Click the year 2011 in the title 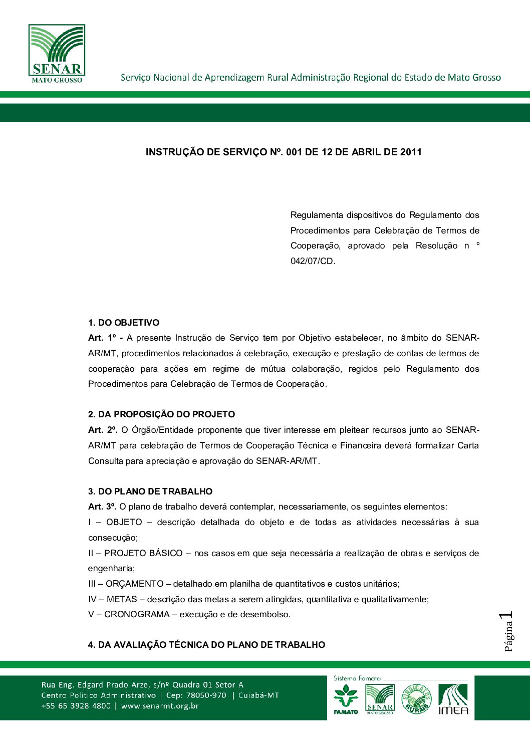pos(411,152)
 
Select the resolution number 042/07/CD pos(312,261)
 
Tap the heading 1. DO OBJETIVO pos(124,323)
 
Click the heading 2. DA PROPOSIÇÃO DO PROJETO pos(161,414)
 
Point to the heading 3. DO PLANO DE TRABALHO pos(150,491)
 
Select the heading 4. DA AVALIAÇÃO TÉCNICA pos(206,645)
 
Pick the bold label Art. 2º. pos(103,430)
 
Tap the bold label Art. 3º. pos(102,507)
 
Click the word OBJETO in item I pos(124,523)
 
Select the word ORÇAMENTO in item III pos(134,584)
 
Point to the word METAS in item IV pos(122,599)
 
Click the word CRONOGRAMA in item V pos(137,615)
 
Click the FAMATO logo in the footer pos(346,699)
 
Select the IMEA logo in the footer pos(453,699)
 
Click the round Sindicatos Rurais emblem pos(416,699)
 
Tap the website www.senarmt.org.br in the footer pos(160,706)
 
